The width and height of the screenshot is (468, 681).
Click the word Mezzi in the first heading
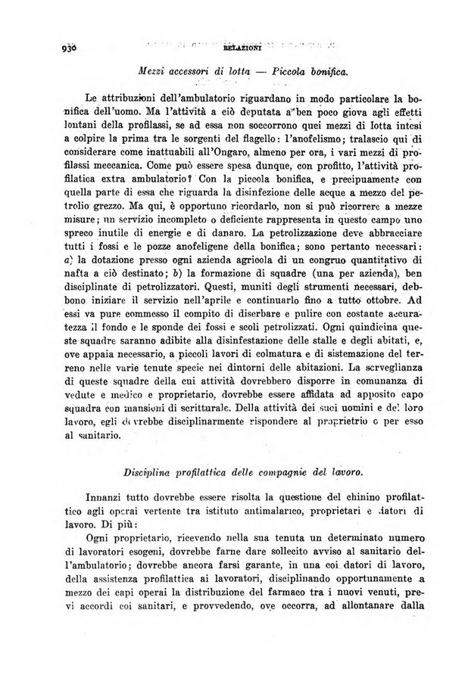tap(151, 70)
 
